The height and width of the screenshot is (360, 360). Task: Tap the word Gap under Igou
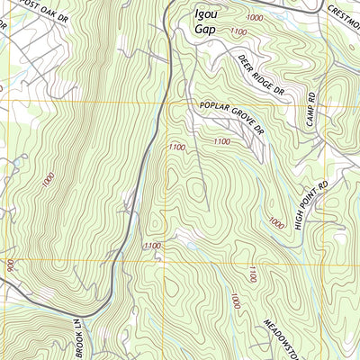(206, 29)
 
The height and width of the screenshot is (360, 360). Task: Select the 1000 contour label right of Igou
(255, 18)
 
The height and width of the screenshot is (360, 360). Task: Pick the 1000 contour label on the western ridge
(44, 179)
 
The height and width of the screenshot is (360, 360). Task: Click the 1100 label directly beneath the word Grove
(220, 141)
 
